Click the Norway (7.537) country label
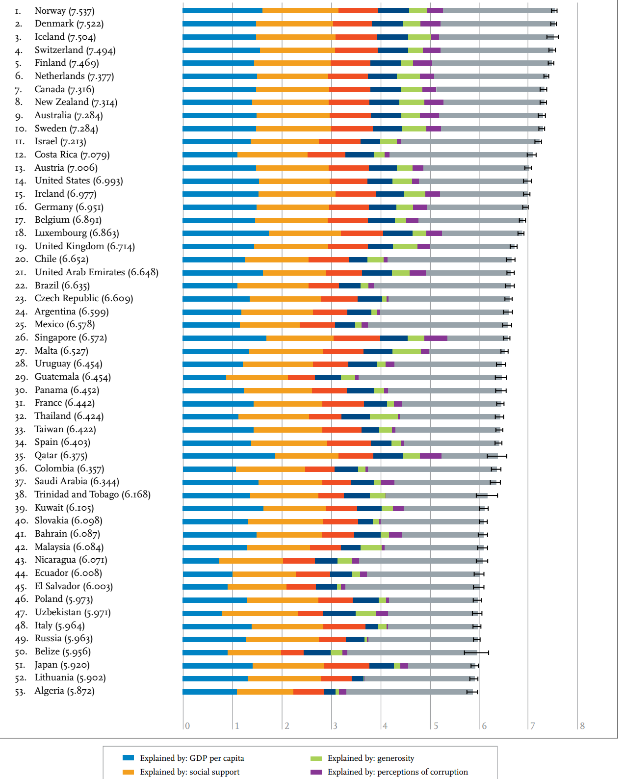coord(64,11)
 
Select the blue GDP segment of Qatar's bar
coord(229,456)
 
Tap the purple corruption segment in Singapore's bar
coord(436,338)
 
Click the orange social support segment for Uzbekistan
coord(260,613)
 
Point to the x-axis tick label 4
coord(385,726)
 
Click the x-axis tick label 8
coord(582,726)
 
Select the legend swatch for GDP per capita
coord(128,758)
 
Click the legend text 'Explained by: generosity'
coord(371,758)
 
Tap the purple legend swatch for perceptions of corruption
coord(316,772)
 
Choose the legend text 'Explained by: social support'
coord(189,772)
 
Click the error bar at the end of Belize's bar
coord(476,652)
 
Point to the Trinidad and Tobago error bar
coord(487,495)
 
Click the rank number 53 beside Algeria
coord(20,692)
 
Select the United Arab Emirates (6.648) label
coord(96,272)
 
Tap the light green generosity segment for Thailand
coord(384,416)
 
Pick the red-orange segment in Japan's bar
coord(346,666)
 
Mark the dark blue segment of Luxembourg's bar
coord(397,233)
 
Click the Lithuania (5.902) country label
coord(70,678)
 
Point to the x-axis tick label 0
coord(187,726)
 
